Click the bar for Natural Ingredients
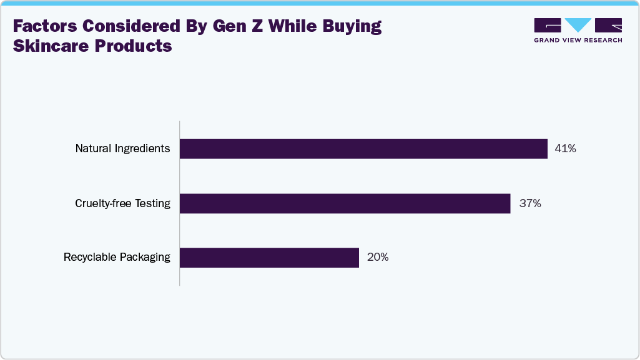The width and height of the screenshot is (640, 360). (363, 148)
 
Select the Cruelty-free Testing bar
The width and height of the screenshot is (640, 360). (345, 203)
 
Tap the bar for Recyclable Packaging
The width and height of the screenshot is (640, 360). (269, 258)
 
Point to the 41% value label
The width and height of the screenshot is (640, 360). (565, 148)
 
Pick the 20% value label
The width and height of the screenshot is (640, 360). (378, 258)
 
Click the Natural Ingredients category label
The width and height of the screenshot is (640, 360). (122, 148)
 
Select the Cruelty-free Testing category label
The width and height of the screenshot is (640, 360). (122, 203)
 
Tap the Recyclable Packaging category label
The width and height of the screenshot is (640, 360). (117, 258)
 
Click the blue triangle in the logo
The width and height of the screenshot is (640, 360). (578, 25)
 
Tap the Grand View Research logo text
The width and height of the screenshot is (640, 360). (578, 40)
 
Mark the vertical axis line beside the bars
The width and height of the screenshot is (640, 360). (180, 203)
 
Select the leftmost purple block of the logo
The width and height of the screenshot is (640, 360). (548, 25)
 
